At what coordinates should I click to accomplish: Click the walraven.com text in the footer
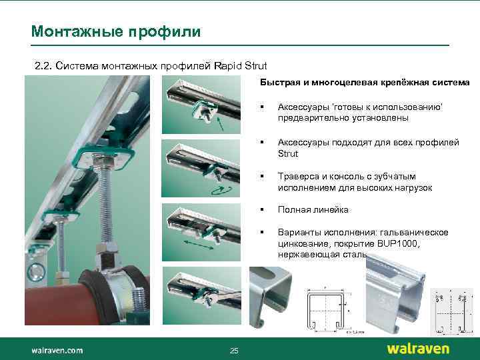click(57, 349)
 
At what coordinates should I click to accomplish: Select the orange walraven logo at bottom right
click(418, 349)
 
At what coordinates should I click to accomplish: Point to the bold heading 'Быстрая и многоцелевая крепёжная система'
click(364, 83)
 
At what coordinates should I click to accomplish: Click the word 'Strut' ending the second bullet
click(288, 153)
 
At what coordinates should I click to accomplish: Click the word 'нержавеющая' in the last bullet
click(307, 255)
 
